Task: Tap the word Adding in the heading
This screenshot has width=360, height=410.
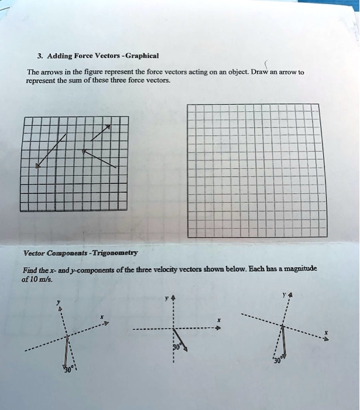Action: tap(57, 56)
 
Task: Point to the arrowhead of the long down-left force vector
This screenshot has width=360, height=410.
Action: tap(37, 167)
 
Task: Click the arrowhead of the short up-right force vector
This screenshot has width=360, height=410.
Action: tap(108, 126)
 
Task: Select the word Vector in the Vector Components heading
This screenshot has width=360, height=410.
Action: tap(33, 252)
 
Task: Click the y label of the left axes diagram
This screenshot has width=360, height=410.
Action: tap(57, 303)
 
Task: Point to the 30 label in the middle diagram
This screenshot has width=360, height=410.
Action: tap(176, 347)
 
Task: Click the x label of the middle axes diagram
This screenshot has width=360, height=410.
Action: tap(218, 320)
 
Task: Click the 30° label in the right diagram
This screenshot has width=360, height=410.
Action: tap(277, 360)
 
